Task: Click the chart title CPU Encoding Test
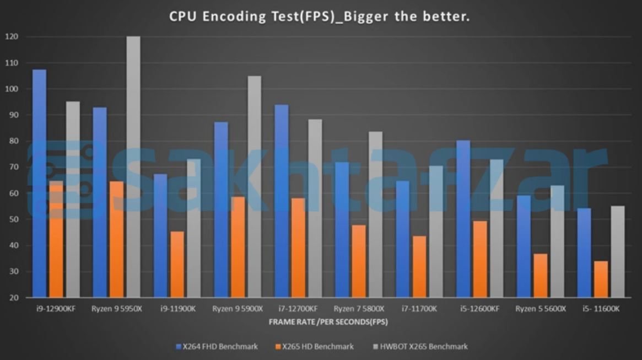[319, 17]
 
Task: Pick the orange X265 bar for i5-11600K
[601, 279]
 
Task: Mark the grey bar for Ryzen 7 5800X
[375, 214]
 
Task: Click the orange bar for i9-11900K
[177, 264]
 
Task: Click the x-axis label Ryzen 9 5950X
[117, 309]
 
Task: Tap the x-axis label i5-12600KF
[481, 309]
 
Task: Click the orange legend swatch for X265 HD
[278, 347]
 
